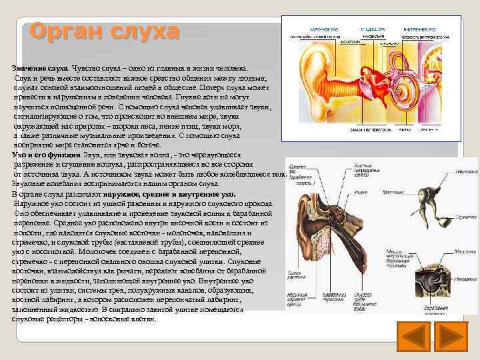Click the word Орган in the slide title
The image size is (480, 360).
(59, 31)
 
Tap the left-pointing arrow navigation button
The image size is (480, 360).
(414, 337)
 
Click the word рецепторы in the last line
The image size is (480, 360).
(69, 319)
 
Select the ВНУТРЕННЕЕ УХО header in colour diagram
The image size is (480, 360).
(420, 30)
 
